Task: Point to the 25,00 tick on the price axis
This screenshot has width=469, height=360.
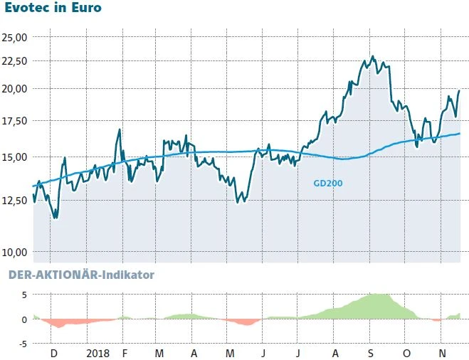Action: (x=14, y=37)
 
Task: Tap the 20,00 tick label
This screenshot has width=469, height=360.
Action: (x=14, y=89)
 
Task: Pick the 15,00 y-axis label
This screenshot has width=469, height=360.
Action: (x=14, y=157)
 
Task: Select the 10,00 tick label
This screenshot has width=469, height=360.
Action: (x=14, y=252)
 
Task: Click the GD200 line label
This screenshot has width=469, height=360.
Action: (x=328, y=183)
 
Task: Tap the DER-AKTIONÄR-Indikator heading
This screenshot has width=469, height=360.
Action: (x=80, y=274)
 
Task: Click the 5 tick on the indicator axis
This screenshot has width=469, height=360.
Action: (x=23, y=295)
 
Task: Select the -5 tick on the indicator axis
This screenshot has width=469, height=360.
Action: (x=22, y=344)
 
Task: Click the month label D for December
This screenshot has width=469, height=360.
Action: (x=54, y=353)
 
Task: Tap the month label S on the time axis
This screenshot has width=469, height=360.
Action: (x=371, y=353)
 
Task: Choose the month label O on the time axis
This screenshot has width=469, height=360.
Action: (x=406, y=353)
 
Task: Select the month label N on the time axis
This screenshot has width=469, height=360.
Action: (x=441, y=353)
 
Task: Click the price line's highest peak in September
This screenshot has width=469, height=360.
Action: (x=372, y=56)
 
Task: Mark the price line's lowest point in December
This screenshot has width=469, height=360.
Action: (x=55, y=218)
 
